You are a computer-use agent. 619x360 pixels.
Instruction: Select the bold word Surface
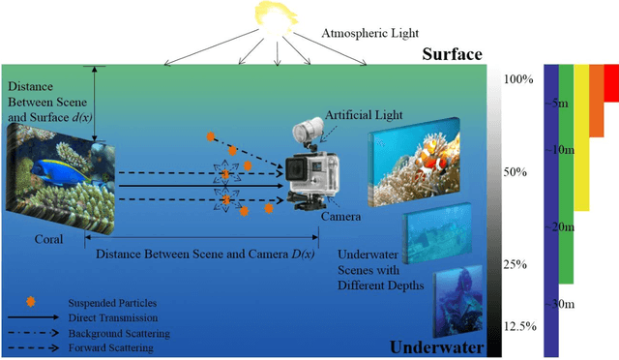(x=450, y=55)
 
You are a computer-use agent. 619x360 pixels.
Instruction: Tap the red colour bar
(x=611, y=82)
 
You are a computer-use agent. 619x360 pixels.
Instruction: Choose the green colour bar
(x=566, y=174)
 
